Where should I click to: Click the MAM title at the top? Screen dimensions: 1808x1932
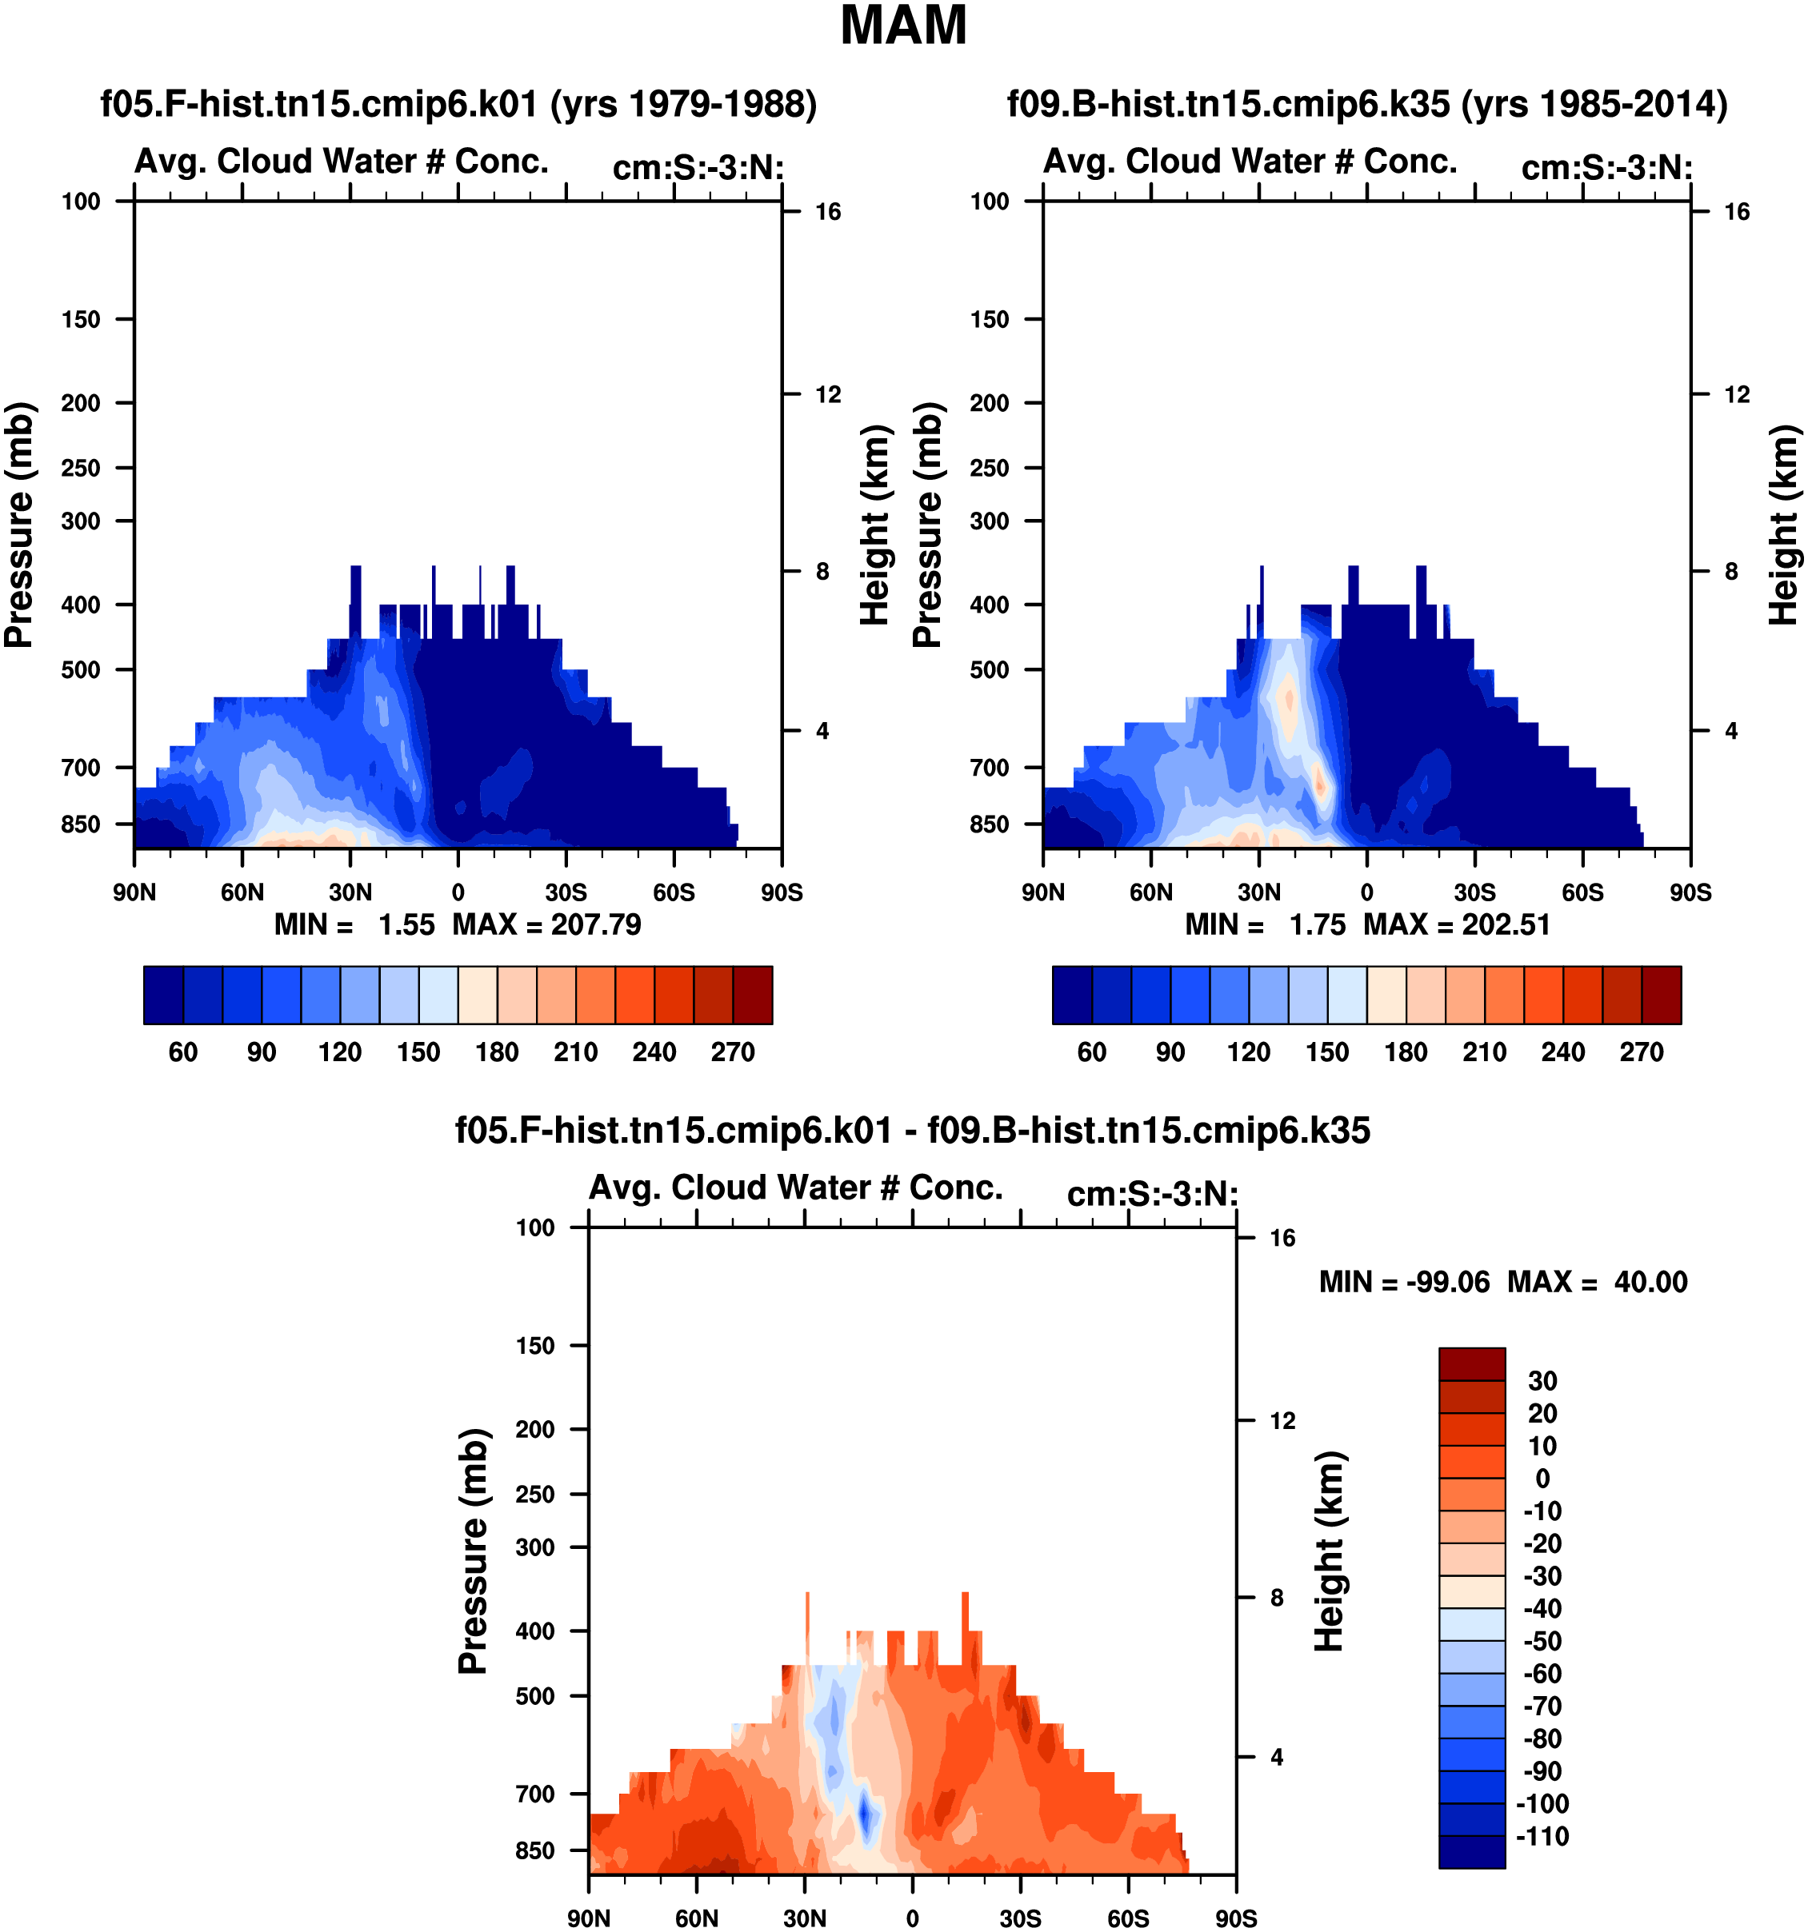(903, 26)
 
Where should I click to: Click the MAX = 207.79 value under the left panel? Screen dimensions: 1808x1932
(546, 924)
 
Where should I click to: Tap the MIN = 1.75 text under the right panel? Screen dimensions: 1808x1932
(1265, 924)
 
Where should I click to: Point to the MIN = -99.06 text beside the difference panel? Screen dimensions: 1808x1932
(1404, 1283)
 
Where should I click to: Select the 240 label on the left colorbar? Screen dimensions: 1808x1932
(654, 1052)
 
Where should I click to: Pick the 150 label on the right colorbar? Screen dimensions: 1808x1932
(1327, 1052)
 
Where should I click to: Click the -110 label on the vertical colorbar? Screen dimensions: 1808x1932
(1542, 1837)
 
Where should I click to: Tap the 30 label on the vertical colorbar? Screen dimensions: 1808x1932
(1542, 1381)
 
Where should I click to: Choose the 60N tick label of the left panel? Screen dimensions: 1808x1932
(242, 893)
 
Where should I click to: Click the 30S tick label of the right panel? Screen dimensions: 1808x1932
(1474, 893)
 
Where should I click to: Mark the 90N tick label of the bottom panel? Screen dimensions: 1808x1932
(589, 1919)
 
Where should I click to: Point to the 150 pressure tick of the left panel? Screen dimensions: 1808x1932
(81, 320)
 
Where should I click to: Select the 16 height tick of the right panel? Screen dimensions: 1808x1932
(1736, 212)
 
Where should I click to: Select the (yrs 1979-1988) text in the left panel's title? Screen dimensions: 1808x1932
(684, 104)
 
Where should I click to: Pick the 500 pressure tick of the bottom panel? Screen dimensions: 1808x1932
(535, 1697)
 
